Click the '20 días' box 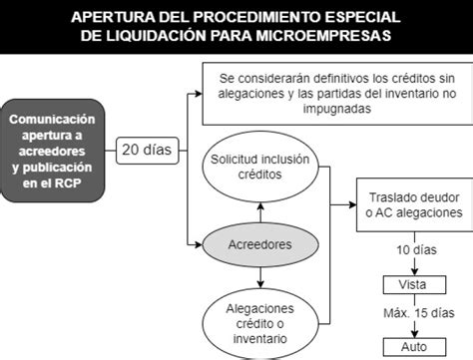148,151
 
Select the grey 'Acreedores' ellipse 260,244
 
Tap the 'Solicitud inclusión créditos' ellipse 260,167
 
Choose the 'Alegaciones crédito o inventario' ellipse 260,324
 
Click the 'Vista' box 414,284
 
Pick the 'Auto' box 414,347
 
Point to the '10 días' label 416,250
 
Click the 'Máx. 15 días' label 419,313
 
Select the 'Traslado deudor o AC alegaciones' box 415,204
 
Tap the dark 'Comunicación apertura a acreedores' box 52,151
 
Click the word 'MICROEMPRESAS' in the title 323,36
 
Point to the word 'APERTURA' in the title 113,17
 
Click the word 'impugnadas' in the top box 337,109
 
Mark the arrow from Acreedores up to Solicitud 260,212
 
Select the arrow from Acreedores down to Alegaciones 260,277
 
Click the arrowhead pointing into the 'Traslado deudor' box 352,204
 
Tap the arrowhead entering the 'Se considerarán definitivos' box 199,94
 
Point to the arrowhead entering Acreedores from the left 199,245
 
